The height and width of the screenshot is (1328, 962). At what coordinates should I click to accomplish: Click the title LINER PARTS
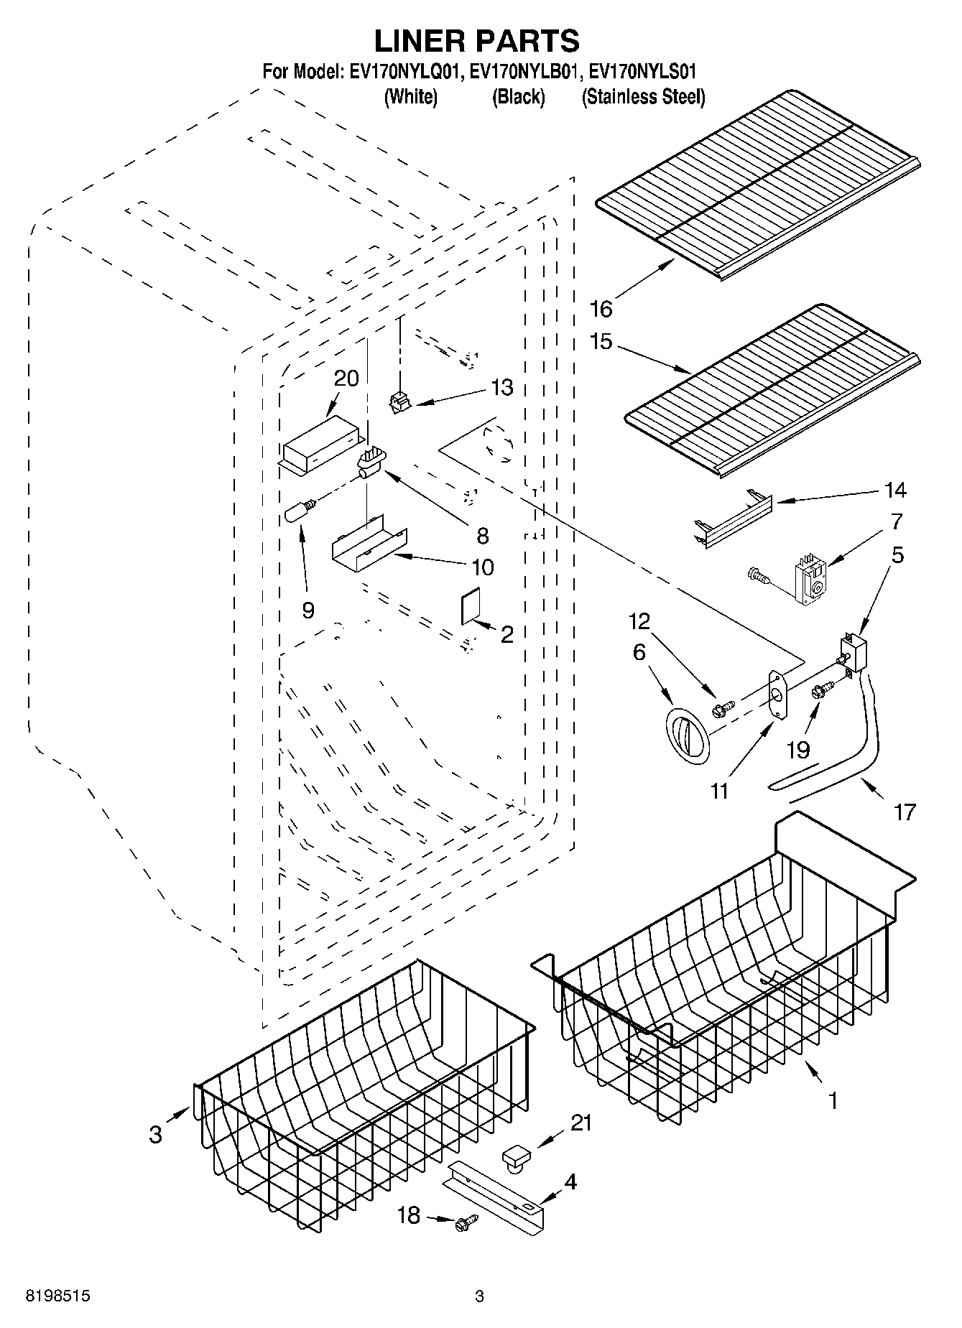click(477, 41)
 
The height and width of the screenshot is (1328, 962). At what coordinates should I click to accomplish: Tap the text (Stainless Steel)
click(643, 97)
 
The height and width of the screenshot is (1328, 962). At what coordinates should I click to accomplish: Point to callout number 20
click(346, 379)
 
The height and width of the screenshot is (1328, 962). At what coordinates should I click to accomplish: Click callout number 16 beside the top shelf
click(601, 309)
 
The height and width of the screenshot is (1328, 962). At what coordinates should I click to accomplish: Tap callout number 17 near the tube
click(905, 812)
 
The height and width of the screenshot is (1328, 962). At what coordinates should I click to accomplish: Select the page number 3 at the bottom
click(479, 1296)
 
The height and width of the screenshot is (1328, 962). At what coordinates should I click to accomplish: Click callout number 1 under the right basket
click(833, 1100)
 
